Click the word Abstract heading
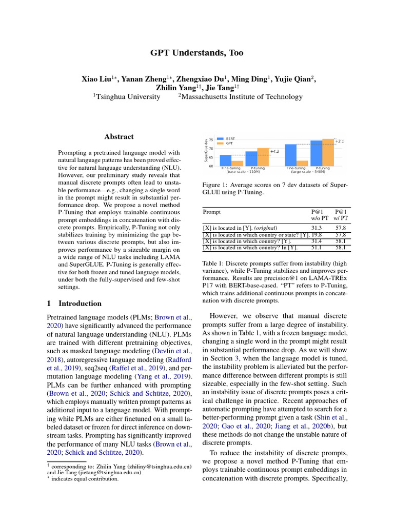[x=119, y=137]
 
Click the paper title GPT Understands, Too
[x=196, y=53]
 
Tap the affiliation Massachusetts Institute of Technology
[x=240, y=96]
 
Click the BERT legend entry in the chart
[x=230, y=138]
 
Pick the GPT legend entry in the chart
[x=229, y=144]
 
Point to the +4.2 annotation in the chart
[x=274, y=152]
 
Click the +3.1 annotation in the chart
[x=339, y=141]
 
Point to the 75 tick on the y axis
[x=211, y=140]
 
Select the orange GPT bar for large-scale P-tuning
[x=328, y=152]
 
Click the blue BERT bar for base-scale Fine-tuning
[x=226, y=160]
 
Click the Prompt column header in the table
[x=212, y=211]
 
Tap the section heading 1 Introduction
[x=74, y=303]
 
